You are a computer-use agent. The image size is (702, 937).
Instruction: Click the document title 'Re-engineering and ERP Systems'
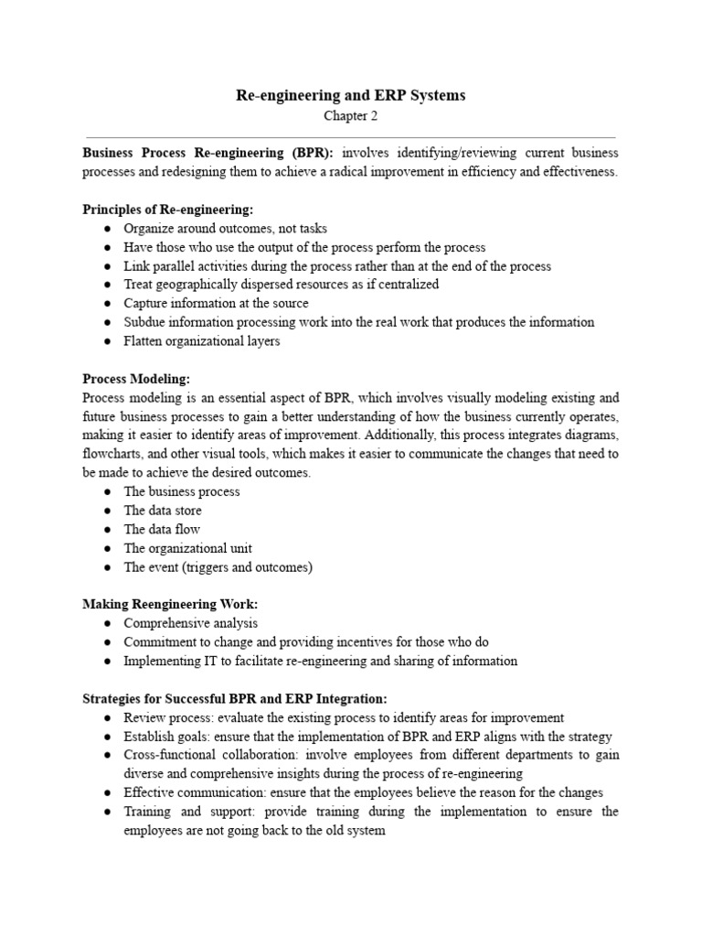(351, 96)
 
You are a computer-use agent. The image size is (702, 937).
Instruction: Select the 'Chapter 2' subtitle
(350, 116)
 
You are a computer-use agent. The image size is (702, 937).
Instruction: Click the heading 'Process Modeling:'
(135, 378)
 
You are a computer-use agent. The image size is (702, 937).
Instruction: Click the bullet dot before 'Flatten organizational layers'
(107, 341)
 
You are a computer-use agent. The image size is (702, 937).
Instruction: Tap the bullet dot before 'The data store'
(107, 511)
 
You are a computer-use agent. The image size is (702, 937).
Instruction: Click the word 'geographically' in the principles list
(191, 285)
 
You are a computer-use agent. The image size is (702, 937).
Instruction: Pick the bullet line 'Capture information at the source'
(217, 303)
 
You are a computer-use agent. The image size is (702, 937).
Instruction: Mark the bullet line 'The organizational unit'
(187, 548)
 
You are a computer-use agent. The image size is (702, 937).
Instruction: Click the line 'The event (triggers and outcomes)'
(218, 567)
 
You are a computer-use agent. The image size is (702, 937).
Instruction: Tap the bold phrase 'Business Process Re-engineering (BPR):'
(208, 153)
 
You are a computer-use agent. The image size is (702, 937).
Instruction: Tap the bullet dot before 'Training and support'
(107, 812)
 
